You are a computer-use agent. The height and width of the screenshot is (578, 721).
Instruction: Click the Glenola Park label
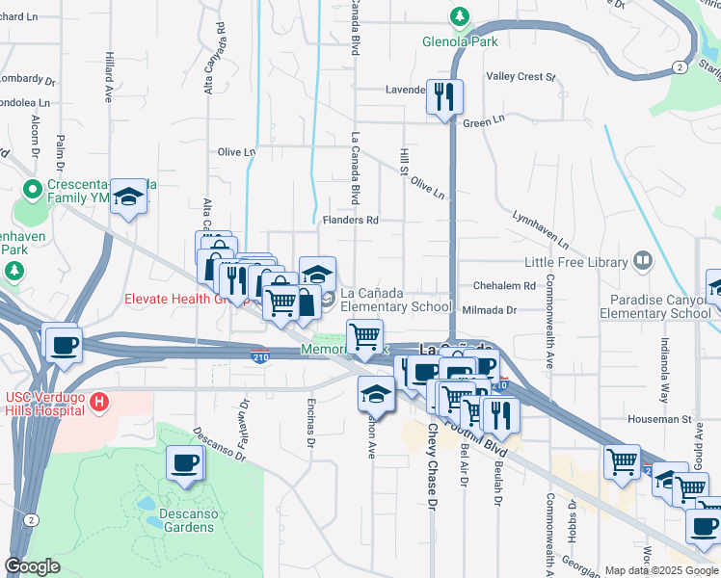coord(459,41)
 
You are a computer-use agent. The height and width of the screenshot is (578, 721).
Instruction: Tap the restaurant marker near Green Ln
coord(444,96)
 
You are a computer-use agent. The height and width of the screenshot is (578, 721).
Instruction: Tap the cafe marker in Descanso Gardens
coord(184,463)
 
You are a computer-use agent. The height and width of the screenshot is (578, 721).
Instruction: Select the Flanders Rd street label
coord(350,220)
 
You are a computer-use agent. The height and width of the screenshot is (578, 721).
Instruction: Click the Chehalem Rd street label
coord(503,286)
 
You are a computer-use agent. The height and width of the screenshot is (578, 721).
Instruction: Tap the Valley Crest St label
coord(521,76)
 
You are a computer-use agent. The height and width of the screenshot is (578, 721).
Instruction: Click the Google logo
coord(33,566)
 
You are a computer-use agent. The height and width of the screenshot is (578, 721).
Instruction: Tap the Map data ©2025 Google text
coord(660,570)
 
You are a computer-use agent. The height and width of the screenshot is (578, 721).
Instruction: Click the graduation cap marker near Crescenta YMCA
coord(127,197)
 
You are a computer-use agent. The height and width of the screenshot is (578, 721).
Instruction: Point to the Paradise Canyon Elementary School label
coord(654,306)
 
